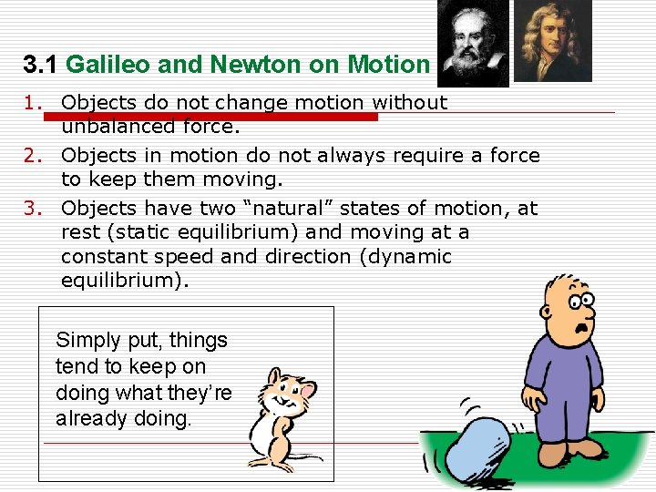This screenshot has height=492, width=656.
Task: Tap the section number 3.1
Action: click(x=41, y=65)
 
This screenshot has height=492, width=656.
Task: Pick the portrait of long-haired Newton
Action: click(x=553, y=41)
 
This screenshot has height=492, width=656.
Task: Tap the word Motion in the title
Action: click(x=388, y=65)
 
